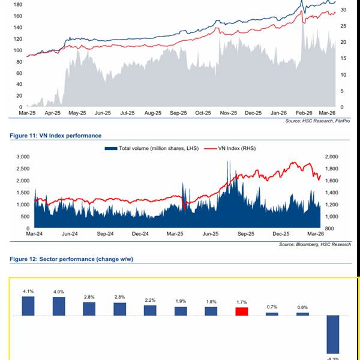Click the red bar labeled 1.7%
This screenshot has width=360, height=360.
[241, 311]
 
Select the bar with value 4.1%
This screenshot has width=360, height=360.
[28, 305]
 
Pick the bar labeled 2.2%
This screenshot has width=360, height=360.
[150, 310]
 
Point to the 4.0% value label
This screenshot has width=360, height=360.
[58, 292]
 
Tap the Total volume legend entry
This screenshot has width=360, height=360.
[154, 148]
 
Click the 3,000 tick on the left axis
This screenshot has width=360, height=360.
[22, 156]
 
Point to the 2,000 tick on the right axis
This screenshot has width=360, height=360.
[332, 156]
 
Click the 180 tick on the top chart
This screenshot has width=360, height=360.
[17, 5]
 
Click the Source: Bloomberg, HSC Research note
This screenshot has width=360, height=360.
[314, 245]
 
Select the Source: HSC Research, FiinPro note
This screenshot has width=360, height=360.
[318, 121]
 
